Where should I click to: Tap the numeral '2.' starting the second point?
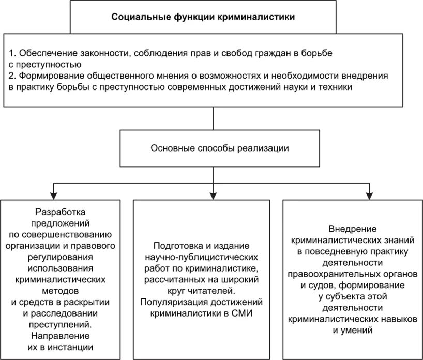12,76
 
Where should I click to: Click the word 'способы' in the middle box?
211,148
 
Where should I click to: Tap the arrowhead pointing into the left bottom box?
52,194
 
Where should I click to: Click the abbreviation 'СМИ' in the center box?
242,313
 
